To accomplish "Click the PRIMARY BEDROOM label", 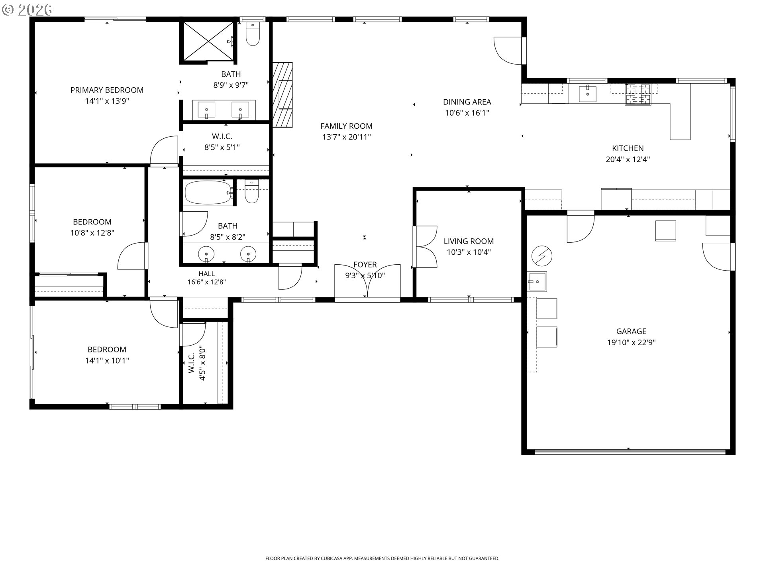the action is [107, 90].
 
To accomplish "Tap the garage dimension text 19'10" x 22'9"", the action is [631, 342].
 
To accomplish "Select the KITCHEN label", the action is [628, 148].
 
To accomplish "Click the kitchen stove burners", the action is [638, 94].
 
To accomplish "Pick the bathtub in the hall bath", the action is [208, 193].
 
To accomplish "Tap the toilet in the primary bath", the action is [253, 34].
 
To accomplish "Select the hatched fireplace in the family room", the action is [282, 94].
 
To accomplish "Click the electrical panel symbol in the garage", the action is [542, 256].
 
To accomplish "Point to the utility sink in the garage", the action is [537, 281].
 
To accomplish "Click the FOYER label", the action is [365, 265].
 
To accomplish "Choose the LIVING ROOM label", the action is [469, 241].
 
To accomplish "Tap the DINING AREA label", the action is [467, 102].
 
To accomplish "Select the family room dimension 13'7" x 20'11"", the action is [346, 137].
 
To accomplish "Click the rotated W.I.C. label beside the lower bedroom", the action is [191, 363].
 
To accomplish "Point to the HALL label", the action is [206, 274].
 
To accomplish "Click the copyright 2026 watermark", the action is [27, 10].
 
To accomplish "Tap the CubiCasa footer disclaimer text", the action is [382, 558].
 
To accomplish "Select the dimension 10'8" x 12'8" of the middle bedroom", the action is [92, 233].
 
